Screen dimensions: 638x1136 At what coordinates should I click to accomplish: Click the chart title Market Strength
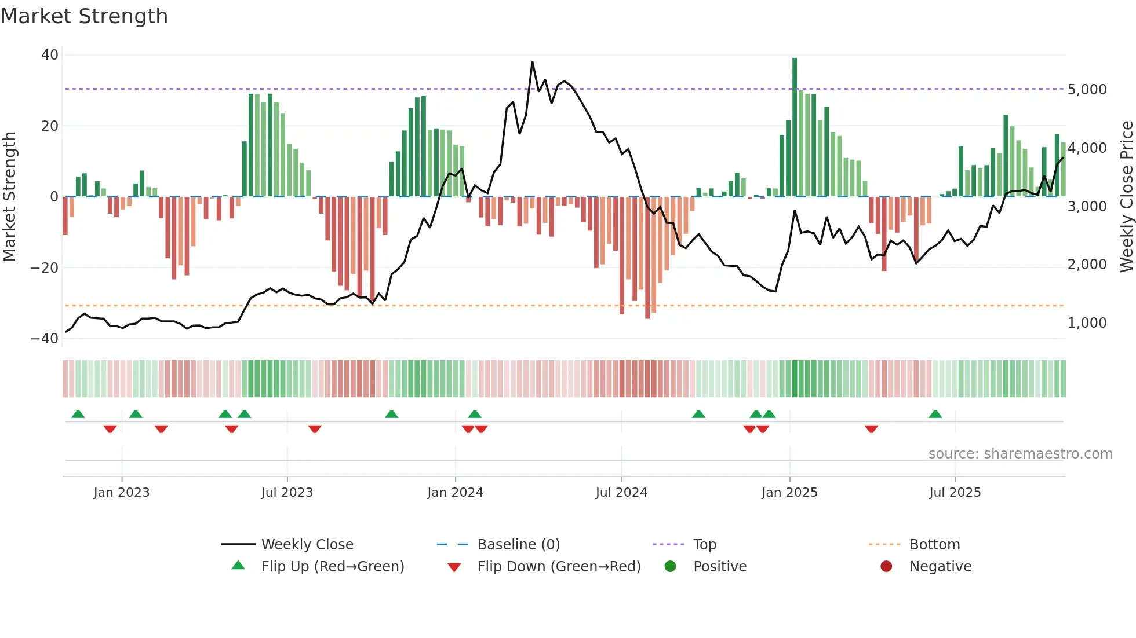84,16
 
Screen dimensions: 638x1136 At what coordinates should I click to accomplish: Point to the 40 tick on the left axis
50,55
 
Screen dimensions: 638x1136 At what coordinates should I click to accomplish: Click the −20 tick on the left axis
45,267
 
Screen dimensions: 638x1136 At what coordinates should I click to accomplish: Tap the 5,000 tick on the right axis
1087,90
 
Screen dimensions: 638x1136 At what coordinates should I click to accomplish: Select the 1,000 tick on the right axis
1087,323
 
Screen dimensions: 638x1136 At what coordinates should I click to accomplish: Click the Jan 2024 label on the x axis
455,493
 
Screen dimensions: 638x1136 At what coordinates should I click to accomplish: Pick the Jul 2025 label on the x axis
955,493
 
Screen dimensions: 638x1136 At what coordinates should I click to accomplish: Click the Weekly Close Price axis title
1126,197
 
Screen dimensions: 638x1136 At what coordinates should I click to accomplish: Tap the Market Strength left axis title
10,197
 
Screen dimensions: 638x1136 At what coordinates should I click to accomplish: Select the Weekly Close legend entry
307,545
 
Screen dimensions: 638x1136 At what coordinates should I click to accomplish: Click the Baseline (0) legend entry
518,545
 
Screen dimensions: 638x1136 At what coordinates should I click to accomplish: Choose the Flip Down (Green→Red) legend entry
558,567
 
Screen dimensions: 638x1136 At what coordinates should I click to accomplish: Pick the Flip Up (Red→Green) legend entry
332,567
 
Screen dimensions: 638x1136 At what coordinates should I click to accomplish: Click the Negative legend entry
940,567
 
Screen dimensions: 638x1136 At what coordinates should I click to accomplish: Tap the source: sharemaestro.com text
1020,454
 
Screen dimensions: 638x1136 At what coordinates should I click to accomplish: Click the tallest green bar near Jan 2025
795,127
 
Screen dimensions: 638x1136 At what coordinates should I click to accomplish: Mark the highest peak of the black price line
532,62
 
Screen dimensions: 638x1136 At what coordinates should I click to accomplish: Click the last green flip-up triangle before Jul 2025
935,414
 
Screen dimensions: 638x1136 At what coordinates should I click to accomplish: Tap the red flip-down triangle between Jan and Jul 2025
871,429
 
